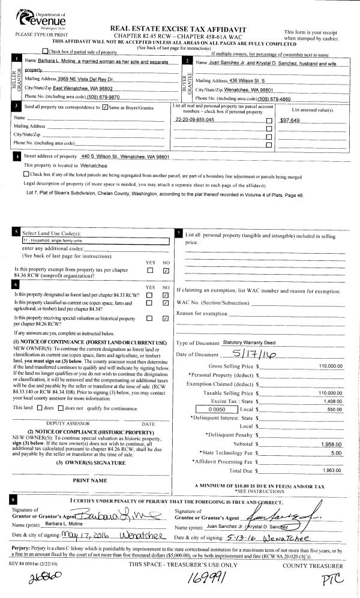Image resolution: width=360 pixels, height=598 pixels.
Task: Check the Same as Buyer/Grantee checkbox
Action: click(105, 108)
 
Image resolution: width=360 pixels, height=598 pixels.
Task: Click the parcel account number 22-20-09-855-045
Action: click(194, 120)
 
